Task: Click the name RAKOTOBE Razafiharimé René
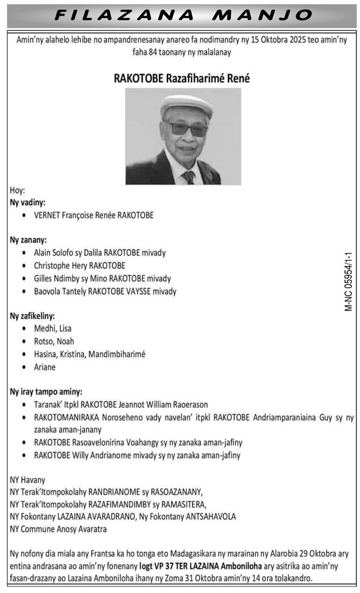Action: pyautogui.click(x=182, y=79)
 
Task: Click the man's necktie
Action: pyautogui.click(x=188, y=177)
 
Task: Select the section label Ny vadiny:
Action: pyautogui.click(x=28, y=203)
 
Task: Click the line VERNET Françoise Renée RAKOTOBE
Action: pyautogui.click(x=94, y=215)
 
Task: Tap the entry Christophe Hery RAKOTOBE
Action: pyautogui.click(x=80, y=265)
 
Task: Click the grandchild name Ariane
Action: pyautogui.click(x=45, y=366)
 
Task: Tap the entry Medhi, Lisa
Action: pyautogui.click(x=53, y=328)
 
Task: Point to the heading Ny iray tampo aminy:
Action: pyautogui.click(x=46, y=391)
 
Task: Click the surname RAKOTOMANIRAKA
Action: pyautogui.click(x=71, y=417)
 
